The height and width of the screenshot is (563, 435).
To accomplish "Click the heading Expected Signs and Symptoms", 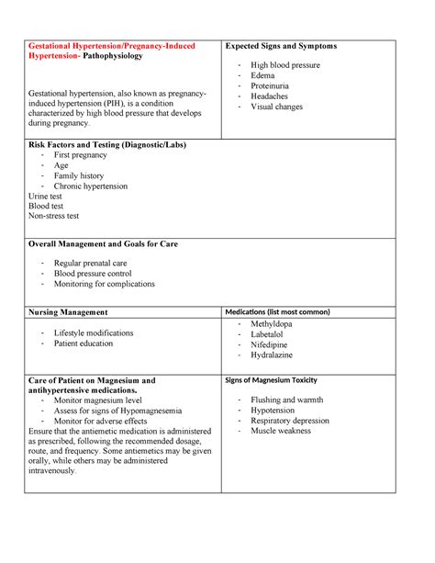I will click(281, 46).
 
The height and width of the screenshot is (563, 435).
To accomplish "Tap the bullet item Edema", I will click(262, 75).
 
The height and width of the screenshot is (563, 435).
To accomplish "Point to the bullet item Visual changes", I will click(278, 107).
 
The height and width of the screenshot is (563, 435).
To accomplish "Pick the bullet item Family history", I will click(79, 175).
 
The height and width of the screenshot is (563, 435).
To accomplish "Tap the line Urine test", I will click(48, 196).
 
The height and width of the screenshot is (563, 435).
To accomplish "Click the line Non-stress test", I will click(54, 216).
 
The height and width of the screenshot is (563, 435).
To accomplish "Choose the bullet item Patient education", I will click(84, 343).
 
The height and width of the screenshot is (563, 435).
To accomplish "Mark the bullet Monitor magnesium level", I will click(97, 400).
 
